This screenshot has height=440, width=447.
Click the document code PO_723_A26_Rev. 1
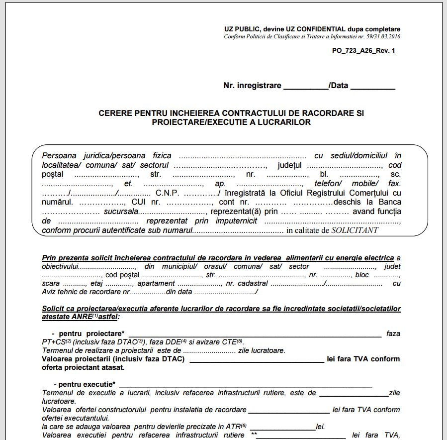pyautogui.click(x=363, y=51)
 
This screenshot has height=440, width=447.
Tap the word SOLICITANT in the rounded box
pyautogui.click(x=355, y=230)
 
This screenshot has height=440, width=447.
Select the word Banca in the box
pyautogui.click(x=390, y=202)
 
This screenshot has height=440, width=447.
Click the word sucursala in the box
pyautogui.click(x=122, y=212)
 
